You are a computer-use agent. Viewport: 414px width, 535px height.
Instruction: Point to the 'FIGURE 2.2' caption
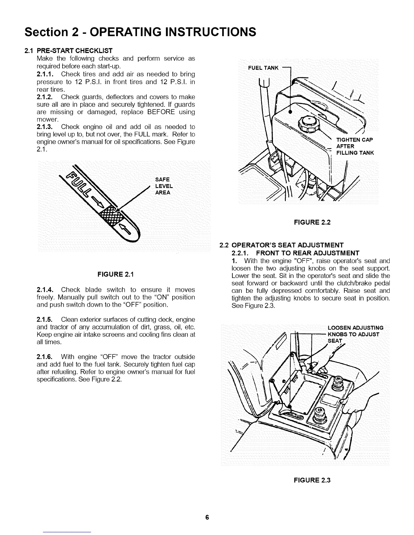pyautogui.click(x=312, y=222)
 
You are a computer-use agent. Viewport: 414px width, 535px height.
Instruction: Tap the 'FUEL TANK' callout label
pyautogui.click(x=263, y=68)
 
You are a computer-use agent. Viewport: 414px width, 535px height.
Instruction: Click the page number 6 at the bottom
pyautogui.click(x=207, y=517)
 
